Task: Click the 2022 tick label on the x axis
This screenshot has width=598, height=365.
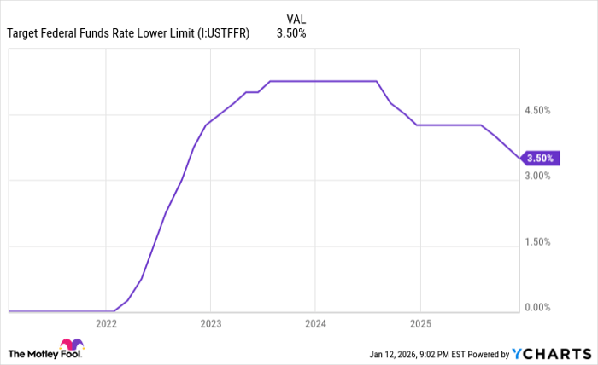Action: pos(106,324)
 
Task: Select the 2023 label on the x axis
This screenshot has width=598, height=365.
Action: pos(210,324)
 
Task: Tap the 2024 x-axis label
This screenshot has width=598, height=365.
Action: pos(315,324)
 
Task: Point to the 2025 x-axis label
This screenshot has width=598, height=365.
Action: pos(419,324)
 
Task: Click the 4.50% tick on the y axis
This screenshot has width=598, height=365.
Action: pos(537,110)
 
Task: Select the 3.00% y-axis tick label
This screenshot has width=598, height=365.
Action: pos(537,176)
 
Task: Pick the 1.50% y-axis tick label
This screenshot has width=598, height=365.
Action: pos(537,241)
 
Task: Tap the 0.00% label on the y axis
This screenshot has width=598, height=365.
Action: pos(537,307)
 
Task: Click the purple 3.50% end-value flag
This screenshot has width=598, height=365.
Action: pos(541,158)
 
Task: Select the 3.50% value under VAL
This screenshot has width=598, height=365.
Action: pos(291,34)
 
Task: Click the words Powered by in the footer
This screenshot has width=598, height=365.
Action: pos(484,353)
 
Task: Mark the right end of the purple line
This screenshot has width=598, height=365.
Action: pos(519,158)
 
